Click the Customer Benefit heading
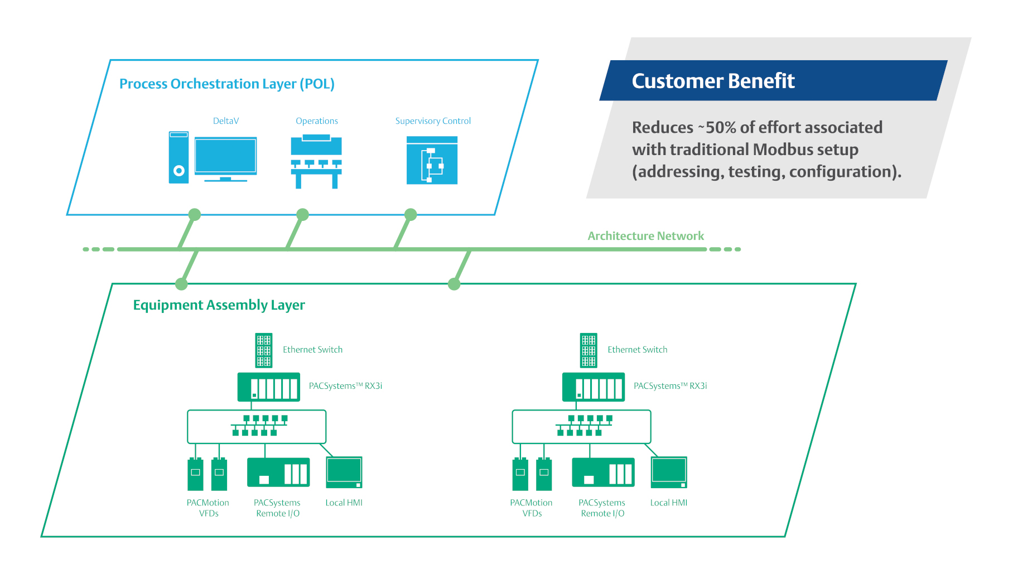(713, 81)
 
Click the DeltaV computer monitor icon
(225, 157)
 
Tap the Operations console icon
(316, 162)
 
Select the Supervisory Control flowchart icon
(432, 161)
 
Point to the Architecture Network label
(645, 236)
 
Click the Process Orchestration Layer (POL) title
(226, 84)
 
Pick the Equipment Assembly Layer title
(219, 305)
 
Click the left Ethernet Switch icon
(263, 350)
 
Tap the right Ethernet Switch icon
(588, 350)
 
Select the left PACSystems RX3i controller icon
(269, 387)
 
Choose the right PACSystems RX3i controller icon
(594, 387)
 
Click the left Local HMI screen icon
(344, 472)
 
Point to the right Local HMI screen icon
(669, 472)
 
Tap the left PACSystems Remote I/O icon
(278, 472)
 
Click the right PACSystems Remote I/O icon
(603, 472)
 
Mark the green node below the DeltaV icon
(194, 215)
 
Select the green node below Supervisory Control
(411, 215)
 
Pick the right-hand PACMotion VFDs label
(531, 508)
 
